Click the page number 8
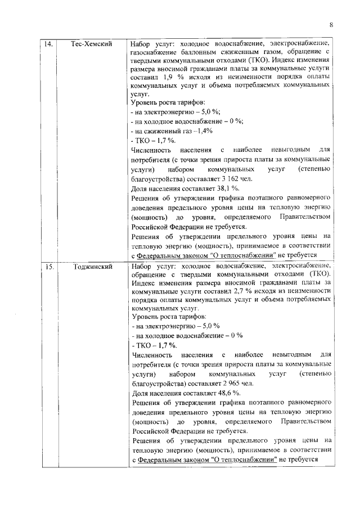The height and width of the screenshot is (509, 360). click(x=331, y=25)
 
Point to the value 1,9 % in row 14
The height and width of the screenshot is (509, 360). click(x=163, y=76)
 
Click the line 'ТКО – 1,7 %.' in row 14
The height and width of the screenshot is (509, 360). click(x=152, y=140)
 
